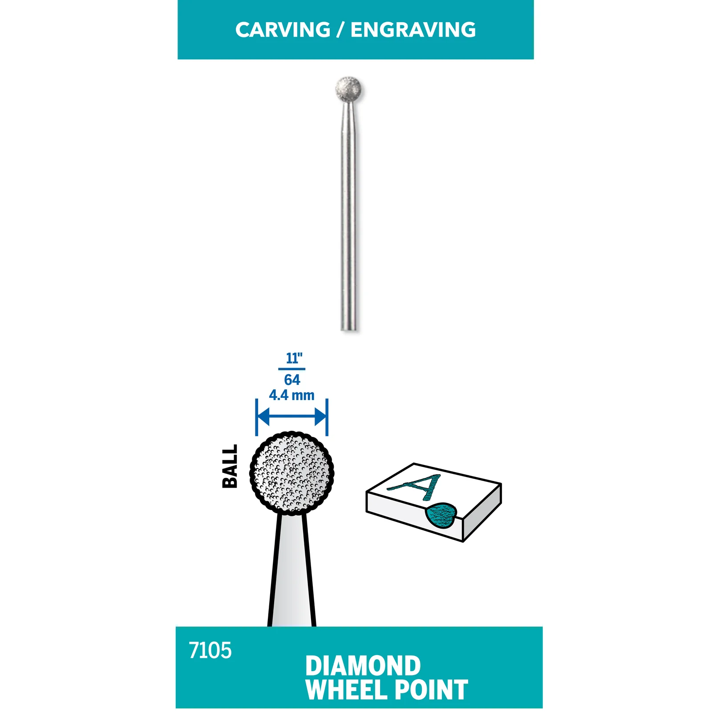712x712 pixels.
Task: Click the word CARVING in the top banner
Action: [x=283, y=30]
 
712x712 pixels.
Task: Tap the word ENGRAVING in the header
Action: [x=413, y=30]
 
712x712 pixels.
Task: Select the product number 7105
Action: [x=210, y=651]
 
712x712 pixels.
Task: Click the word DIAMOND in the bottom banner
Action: [x=363, y=666]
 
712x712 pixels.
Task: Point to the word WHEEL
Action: [x=347, y=690]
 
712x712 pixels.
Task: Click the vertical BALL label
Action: [x=230, y=466]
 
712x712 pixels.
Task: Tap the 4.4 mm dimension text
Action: [x=291, y=395]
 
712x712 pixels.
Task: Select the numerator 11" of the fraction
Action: [x=294, y=358]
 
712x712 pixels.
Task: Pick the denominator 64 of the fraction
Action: [x=292, y=380]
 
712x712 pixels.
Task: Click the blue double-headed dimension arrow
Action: [x=292, y=417]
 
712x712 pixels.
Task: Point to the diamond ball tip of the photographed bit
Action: [x=348, y=89]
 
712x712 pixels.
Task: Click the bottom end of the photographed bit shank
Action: [x=349, y=329]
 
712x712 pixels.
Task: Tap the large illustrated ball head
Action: [x=292, y=473]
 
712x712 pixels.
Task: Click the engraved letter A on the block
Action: [x=416, y=487]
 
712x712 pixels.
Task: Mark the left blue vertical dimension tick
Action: [x=257, y=417]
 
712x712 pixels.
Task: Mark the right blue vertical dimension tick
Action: [x=327, y=417]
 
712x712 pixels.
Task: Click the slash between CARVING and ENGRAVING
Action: [x=340, y=30]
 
